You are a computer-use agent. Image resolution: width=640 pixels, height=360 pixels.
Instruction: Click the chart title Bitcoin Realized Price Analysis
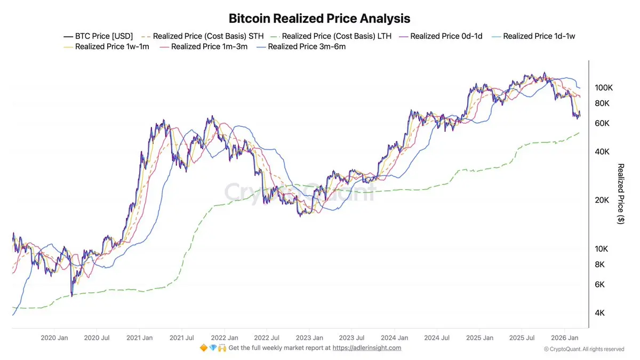pyautogui.click(x=319, y=18)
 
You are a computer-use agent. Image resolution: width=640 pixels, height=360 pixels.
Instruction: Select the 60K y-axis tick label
pyautogui.click(x=603, y=123)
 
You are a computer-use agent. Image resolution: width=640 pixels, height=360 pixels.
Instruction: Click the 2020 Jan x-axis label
pyautogui.click(x=54, y=338)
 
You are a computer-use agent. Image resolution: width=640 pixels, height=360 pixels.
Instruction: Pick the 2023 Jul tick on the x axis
pyautogui.click(x=352, y=338)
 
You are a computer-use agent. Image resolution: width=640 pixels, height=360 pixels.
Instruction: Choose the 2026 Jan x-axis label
pyautogui.click(x=565, y=338)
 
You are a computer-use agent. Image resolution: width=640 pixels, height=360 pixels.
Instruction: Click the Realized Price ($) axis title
pyautogui.click(x=620, y=194)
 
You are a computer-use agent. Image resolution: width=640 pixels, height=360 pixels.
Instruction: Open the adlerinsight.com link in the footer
pyautogui.click(x=367, y=348)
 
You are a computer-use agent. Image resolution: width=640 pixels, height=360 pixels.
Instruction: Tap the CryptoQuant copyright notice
pyautogui.click(x=584, y=349)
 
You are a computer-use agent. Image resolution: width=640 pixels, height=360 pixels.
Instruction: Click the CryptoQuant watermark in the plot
pyautogui.click(x=299, y=192)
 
